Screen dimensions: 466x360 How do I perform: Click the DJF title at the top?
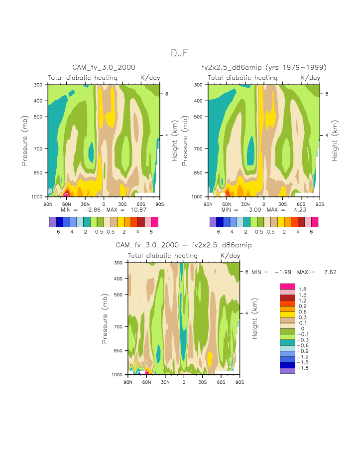coord(180,53)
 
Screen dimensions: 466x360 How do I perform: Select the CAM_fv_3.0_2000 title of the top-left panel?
coord(104,67)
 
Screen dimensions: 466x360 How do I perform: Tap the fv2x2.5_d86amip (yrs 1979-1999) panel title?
coord(264,67)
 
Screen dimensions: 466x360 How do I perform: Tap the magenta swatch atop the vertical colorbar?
coord(288,286)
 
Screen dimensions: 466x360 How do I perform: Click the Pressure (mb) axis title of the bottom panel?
coord(105,318)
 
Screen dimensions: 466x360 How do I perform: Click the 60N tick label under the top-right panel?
coord(227,204)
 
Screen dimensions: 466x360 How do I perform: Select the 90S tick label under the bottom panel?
coord(240,382)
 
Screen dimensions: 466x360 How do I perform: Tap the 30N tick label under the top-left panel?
coord(85,204)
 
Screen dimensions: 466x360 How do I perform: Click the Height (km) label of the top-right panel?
coord(335,141)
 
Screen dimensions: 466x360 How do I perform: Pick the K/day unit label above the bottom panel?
coord(230,256)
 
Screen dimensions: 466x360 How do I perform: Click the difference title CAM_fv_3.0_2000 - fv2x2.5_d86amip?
coord(184,245)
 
